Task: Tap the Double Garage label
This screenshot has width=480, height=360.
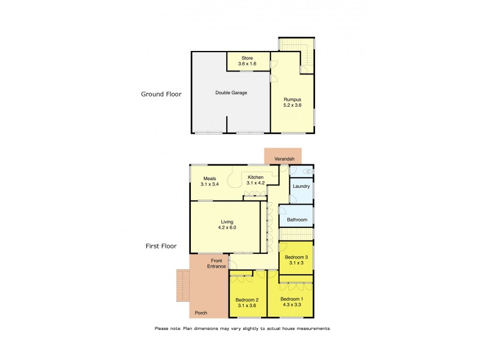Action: [231, 93]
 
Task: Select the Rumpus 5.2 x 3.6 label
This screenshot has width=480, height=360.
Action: [292, 102]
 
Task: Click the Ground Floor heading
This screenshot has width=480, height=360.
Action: [161, 94]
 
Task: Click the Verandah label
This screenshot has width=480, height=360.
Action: [284, 158]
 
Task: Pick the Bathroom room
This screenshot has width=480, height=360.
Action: [296, 220]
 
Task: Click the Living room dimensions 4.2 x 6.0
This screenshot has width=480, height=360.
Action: [226, 228]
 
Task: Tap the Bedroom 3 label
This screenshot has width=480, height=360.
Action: [296, 260]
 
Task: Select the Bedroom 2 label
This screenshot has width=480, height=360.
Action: [247, 302]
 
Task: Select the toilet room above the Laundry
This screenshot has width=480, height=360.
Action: [301, 171]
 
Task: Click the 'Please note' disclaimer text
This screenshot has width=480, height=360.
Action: [242, 329]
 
